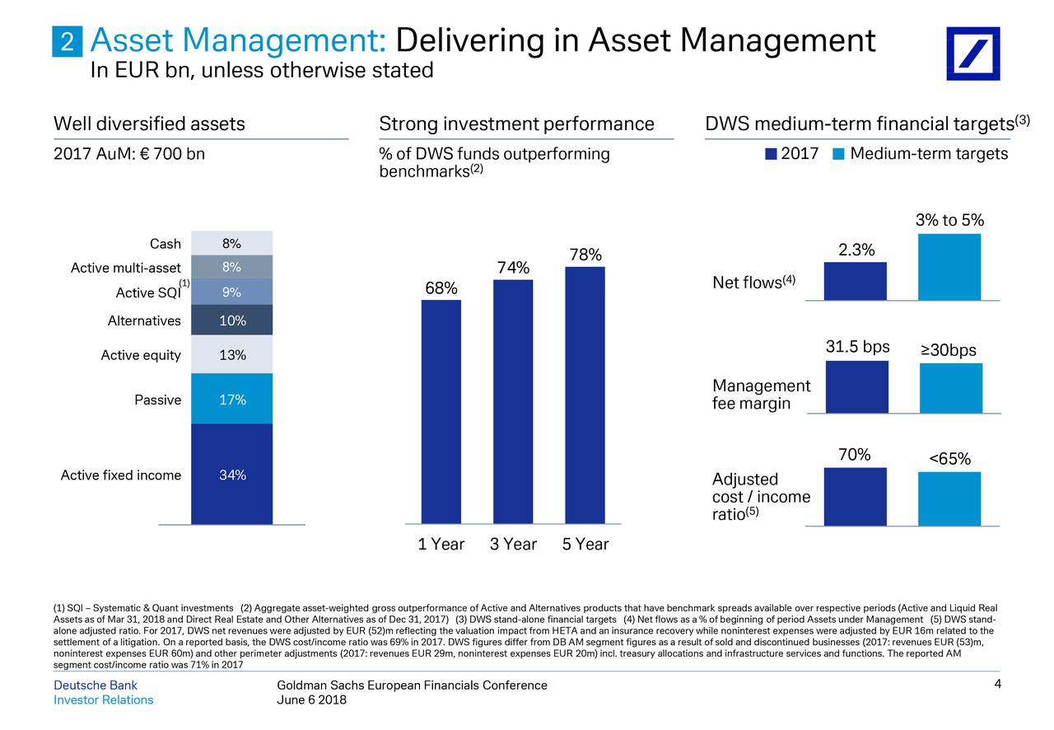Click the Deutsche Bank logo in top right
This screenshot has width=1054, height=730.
click(x=972, y=53)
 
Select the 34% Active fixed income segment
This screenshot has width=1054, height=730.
click(x=231, y=474)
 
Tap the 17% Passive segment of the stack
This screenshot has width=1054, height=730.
click(x=231, y=399)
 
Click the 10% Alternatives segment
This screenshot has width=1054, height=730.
click(x=231, y=321)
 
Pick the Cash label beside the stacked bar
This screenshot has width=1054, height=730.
click(x=165, y=243)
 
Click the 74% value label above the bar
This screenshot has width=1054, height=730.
click(x=513, y=269)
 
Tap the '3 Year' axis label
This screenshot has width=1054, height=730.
click(x=513, y=544)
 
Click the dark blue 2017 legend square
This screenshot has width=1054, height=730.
click(x=771, y=154)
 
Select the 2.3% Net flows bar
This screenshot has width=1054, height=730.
click(x=855, y=281)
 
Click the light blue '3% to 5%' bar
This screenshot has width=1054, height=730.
click(x=949, y=267)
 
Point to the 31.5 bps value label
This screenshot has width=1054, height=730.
click(x=857, y=348)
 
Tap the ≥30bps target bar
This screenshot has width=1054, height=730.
click(x=950, y=387)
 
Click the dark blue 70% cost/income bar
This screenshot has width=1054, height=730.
click(x=855, y=496)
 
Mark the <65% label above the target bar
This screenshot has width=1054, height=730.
click(x=949, y=459)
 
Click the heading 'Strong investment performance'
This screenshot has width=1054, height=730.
click(x=516, y=124)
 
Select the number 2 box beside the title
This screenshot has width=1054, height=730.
click(x=68, y=41)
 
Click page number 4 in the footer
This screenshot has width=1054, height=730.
click(x=996, y=685)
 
